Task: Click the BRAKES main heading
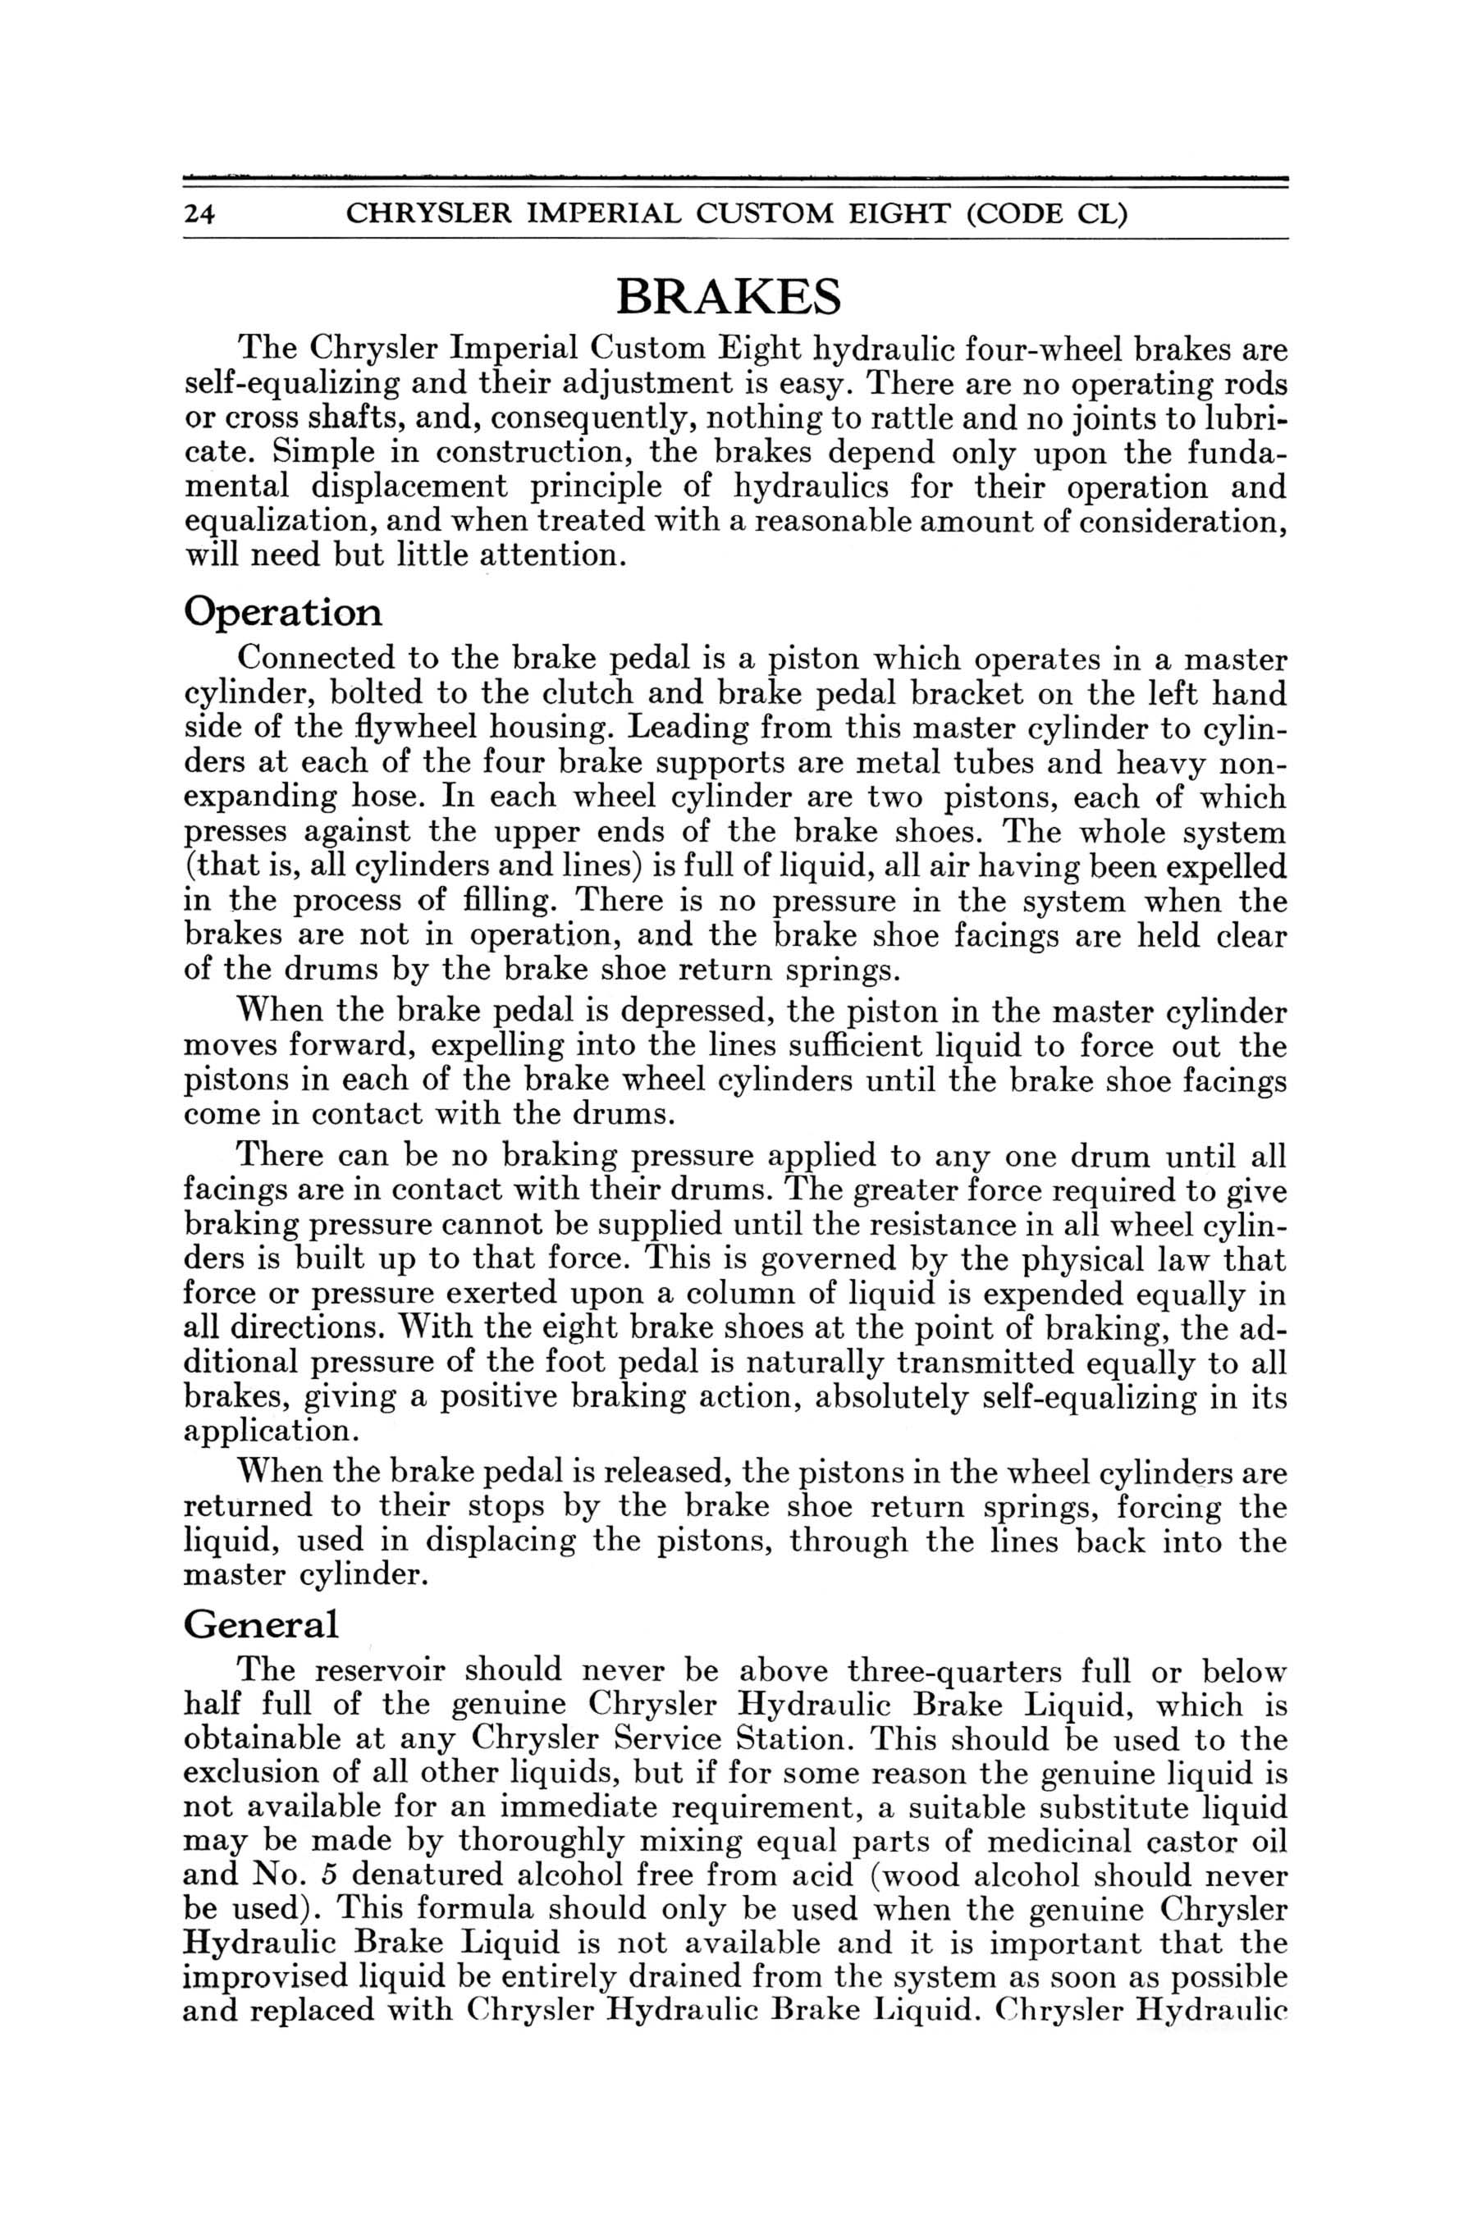click(728, 297)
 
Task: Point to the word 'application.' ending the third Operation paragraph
click(266, 1432)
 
